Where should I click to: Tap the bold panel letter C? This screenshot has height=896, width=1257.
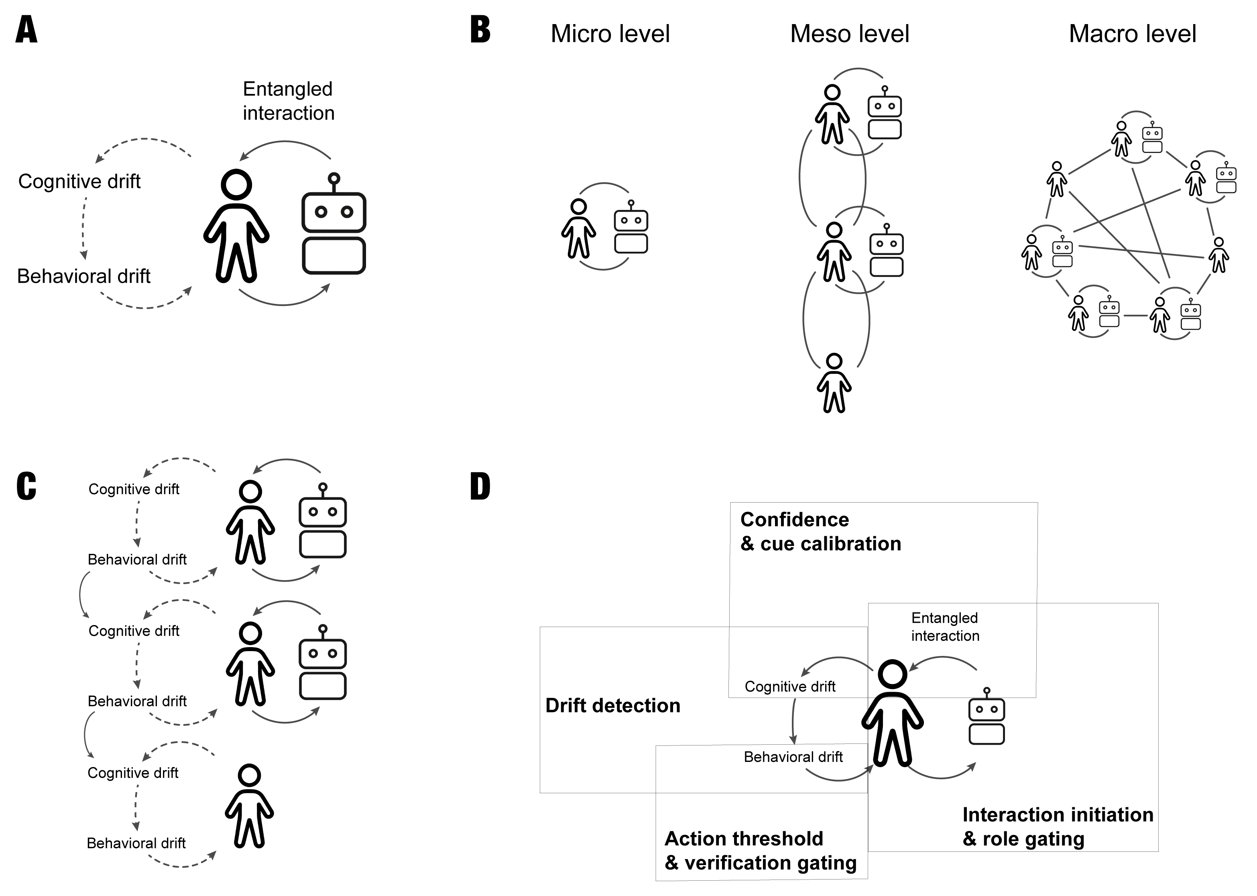(26, 486)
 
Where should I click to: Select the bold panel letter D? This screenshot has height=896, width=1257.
(480, 486)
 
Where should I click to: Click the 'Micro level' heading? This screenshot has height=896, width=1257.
(610, 34)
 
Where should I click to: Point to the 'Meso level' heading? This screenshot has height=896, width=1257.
(849, 34)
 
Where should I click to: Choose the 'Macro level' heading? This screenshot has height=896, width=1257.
(1132, 34)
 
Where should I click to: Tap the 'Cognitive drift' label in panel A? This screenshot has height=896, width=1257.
(79, 181)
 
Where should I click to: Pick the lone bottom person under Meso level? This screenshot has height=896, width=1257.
(834, 383)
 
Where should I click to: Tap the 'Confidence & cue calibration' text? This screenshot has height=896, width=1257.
(820, 531)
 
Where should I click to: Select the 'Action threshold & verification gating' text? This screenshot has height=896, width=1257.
(760, 850)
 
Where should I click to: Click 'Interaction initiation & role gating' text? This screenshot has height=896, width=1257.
(1058, 827)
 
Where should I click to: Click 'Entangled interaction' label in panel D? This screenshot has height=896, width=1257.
(945, 627)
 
